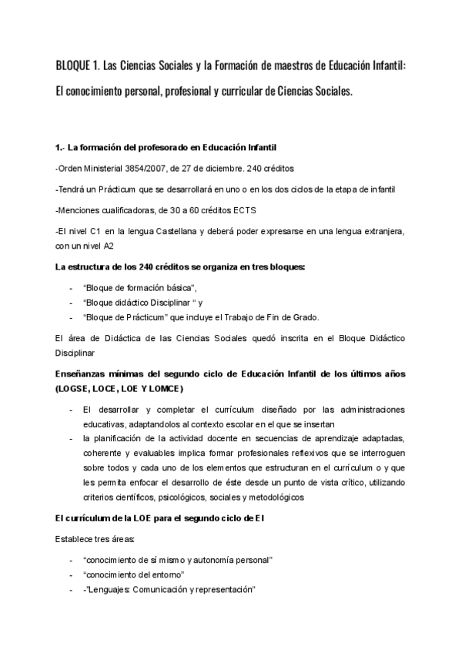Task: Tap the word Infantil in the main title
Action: (393, 65)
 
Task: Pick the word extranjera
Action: (387, 231)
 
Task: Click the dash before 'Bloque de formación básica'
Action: (70, 288)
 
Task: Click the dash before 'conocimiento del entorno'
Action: (70, 574)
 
